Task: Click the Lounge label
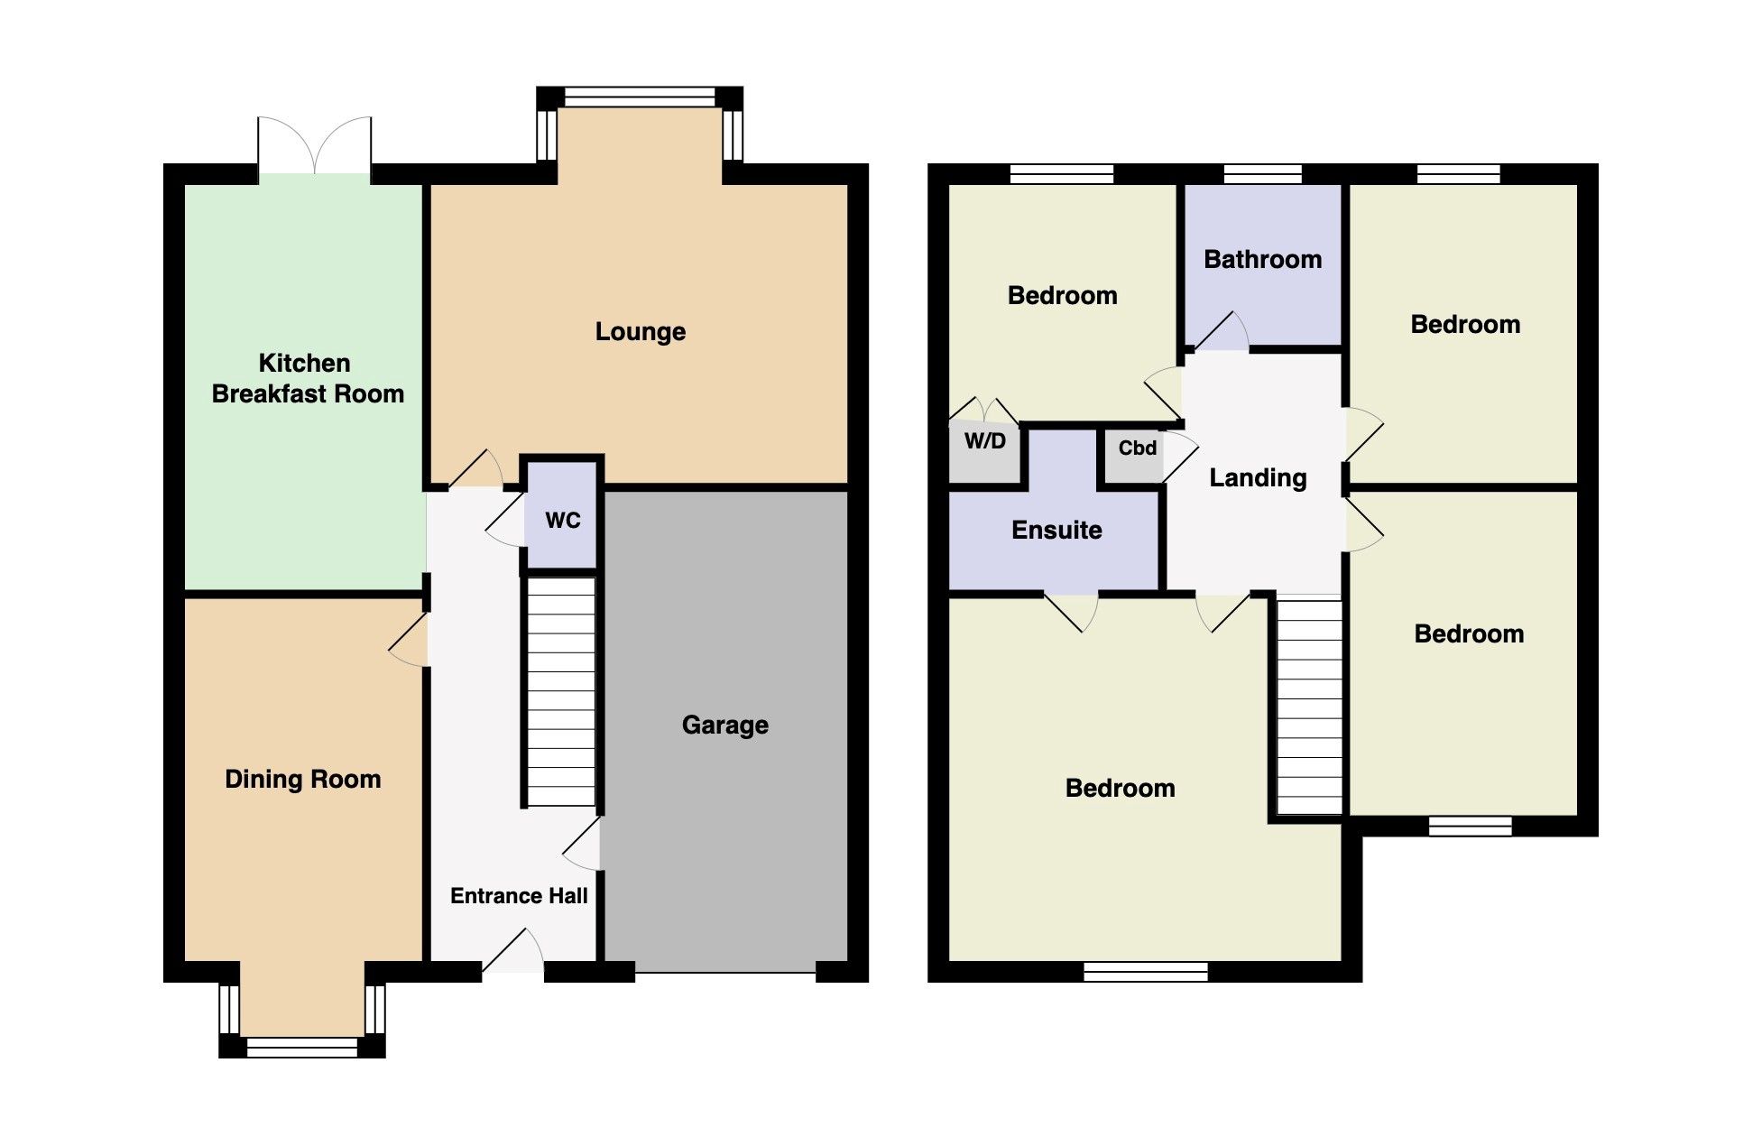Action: click(x=640, y=332)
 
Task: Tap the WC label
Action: click(x=562, y=520)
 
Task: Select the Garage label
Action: click(x=724, y=725)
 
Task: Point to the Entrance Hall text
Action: click(x=519, y=896)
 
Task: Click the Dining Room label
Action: click(x=302, y=779)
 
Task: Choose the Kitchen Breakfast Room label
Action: click(x=307, y=378)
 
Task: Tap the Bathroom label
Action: click(x=1262, y=260)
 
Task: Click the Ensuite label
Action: click(x=1056, y=530)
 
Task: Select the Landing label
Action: click(x=1258, y=477)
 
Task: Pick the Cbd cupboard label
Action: click(x=1137, y=448)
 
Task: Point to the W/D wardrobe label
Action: click(x=984, y=441)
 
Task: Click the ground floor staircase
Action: click(x=560, y=691)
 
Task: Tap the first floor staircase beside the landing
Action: click(x=1309, y=708)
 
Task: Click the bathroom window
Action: click(x=1262, y=174)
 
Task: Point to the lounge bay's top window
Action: click(x=640, y=97)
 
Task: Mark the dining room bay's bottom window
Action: click(x=302, y=1047)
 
